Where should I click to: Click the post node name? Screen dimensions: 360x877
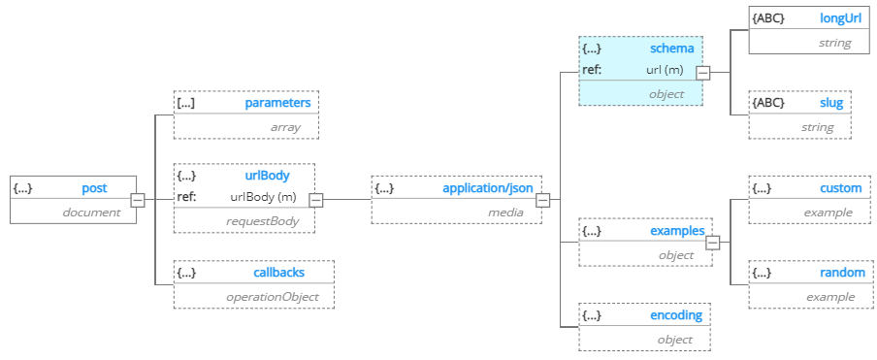click(x=94, y=188)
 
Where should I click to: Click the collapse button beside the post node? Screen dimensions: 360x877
click(x=138, y=200)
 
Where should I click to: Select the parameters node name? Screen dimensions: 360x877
click(x=277, y=102)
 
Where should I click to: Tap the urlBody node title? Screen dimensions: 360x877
click(x=266, y=176)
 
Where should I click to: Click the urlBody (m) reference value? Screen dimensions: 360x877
click(x=263, y=197)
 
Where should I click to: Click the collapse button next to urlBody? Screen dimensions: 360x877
click(x=315, y=200)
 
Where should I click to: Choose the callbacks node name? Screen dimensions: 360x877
click(x=279, y=273)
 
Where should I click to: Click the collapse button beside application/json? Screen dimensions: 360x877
click(x=543, y=200)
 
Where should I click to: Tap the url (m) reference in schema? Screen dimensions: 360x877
click(x=666, y=69)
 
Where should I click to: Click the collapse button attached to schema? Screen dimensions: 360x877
click(x=703, y=72)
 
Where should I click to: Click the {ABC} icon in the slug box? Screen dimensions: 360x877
click(x=768, y=102)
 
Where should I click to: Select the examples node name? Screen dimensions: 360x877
click(x=676, y=231)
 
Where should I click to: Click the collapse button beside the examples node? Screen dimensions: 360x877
click(x=713, y=243)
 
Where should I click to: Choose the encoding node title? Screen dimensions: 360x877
click(x=676, y=315)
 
